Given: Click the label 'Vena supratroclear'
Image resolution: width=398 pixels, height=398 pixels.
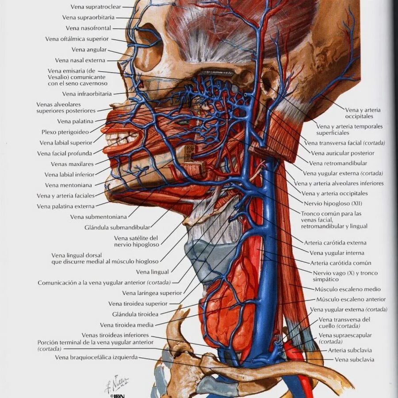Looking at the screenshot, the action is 96,7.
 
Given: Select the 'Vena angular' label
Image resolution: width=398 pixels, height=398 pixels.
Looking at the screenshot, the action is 89,50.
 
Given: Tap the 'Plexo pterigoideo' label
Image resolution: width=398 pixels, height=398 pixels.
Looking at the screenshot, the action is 65,132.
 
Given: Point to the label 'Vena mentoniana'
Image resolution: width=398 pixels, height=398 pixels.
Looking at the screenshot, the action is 69,185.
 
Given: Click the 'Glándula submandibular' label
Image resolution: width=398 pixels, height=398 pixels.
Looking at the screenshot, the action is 117,227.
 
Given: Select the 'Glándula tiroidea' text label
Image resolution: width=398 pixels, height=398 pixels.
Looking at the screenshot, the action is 135,314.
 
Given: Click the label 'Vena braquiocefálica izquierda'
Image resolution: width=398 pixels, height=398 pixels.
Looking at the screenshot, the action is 96,357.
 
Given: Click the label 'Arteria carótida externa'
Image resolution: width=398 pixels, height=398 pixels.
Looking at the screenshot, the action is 335,243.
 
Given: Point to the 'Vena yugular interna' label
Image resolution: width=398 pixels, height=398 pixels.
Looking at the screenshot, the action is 337,253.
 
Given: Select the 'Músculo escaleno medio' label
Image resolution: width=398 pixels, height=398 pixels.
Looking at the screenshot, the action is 347,289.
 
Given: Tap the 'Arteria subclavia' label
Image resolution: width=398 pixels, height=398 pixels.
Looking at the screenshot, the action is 350,350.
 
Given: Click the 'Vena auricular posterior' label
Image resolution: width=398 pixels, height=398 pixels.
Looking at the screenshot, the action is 342,153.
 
